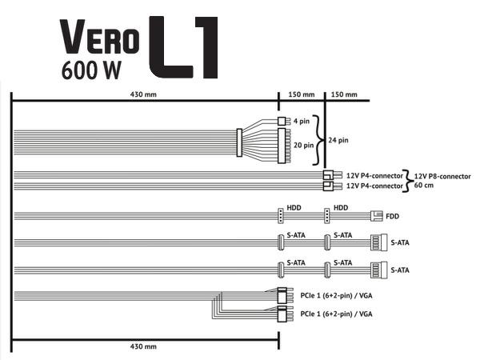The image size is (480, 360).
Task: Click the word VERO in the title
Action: tap(101, 35)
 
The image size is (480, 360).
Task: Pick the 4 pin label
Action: tap(302, 122)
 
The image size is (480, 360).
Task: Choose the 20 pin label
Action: tap(305, 146)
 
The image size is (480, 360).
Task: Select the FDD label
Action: tap(392, 216)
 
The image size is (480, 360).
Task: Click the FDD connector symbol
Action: tap(377, 216)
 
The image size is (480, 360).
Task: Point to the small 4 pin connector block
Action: tap(281, 122)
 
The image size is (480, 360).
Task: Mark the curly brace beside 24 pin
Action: tap(322, 139)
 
